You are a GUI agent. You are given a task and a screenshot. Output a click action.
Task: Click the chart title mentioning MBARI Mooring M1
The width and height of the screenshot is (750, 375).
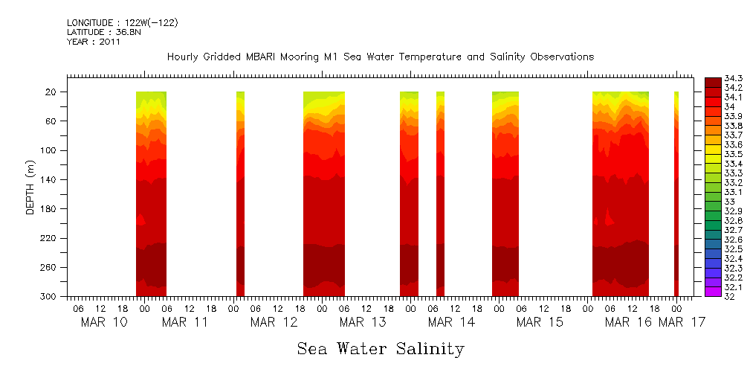click(x=380, y=57)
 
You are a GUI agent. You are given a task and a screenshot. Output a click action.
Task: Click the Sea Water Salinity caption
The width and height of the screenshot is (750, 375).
click(x=381, y=348)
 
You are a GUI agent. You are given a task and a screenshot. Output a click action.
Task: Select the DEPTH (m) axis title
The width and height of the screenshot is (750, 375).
click(x=30, y=187)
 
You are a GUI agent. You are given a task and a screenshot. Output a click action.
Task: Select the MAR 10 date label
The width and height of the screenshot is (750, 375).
click(x=103, y=322)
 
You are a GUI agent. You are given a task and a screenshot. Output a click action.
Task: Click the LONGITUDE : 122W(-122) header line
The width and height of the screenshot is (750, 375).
click(x=122, y=23)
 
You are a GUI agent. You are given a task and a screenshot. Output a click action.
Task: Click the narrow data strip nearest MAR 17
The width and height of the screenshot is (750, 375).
click(x=676, y=193)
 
